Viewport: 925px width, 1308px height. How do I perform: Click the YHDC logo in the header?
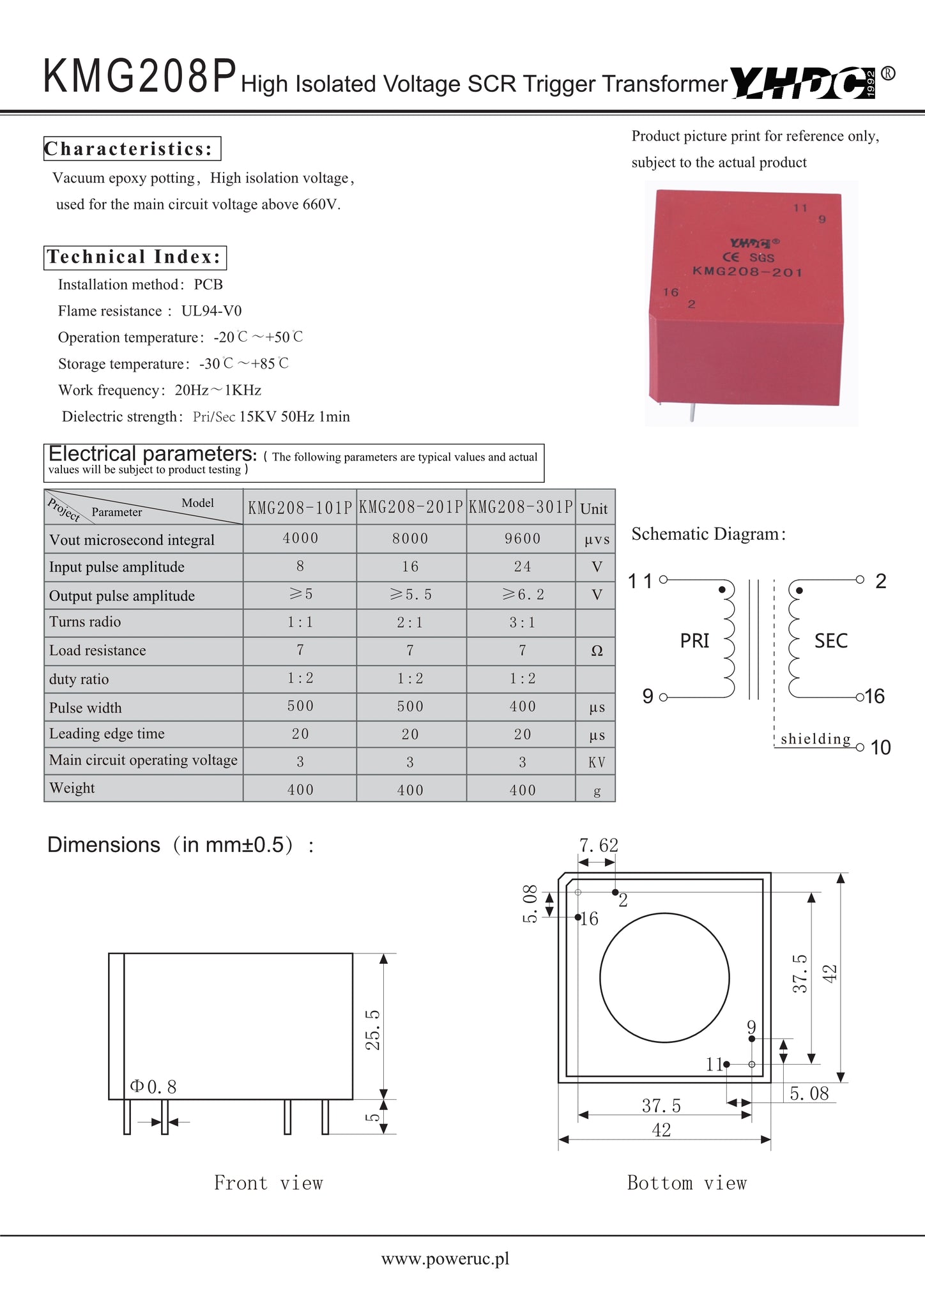[x=804, y=83]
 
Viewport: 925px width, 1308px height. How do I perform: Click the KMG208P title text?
[x=140, y=77]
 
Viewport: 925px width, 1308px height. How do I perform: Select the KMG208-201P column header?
[x=411, y=508]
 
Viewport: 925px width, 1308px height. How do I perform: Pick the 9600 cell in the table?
[x=522, y=538]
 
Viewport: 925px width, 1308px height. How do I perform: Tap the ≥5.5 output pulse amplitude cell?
[x=411, y=595]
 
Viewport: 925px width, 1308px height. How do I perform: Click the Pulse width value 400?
[x=522, y=706]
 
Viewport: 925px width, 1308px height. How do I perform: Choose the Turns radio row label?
[x=85, y=621]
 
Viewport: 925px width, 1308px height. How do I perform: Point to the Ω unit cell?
[x=597, y=651]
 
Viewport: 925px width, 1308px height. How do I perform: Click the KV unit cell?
[x=597, y=762]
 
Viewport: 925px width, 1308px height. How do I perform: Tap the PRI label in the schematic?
[x=694, y=641]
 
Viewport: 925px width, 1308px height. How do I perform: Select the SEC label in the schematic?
[x=830, y=641]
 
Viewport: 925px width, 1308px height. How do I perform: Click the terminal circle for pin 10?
[x=860, y=747]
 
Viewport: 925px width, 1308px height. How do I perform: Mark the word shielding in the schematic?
[x=816, y=739]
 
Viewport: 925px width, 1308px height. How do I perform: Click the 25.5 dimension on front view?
[x=372, y=1029]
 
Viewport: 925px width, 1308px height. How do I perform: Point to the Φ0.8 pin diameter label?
[x=153, y=1086]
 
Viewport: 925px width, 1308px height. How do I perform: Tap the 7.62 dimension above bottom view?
[x=599, y=845]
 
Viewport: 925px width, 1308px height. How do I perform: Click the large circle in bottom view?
[x=664, y=978]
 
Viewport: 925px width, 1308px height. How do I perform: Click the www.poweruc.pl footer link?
[x=445, y=1259]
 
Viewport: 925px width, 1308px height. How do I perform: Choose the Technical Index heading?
[x=135, y=257]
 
